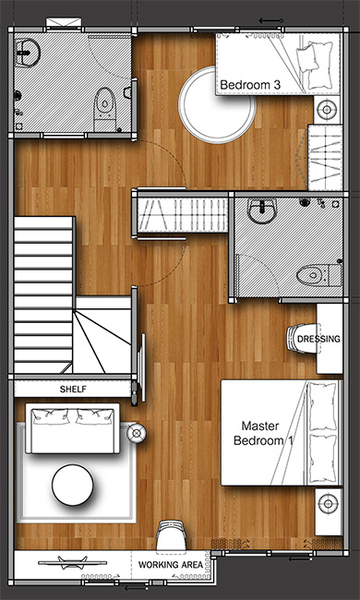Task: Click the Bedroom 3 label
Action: coord(250,85)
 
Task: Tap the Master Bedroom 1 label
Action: coord(263,433)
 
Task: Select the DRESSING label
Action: coord(318,339)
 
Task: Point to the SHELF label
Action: coord(73,390)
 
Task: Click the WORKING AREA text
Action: coord(171,565)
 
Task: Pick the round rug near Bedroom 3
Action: coord(217,105)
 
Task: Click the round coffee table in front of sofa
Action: coord(73,485)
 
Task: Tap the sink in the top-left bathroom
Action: coord(27,53)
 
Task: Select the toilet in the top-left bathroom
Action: coord(105,109)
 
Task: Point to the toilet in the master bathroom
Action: coord(318,274)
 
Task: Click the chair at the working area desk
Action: coord(172,535)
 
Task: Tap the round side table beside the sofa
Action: coord(137,433)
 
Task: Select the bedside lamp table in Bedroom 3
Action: coord(327,110)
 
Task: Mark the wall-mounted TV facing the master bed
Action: coord(141,367)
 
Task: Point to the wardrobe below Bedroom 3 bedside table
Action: coord(325,157)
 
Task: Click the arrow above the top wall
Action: coord(270,20)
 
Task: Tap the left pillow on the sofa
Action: coord(51,416)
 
